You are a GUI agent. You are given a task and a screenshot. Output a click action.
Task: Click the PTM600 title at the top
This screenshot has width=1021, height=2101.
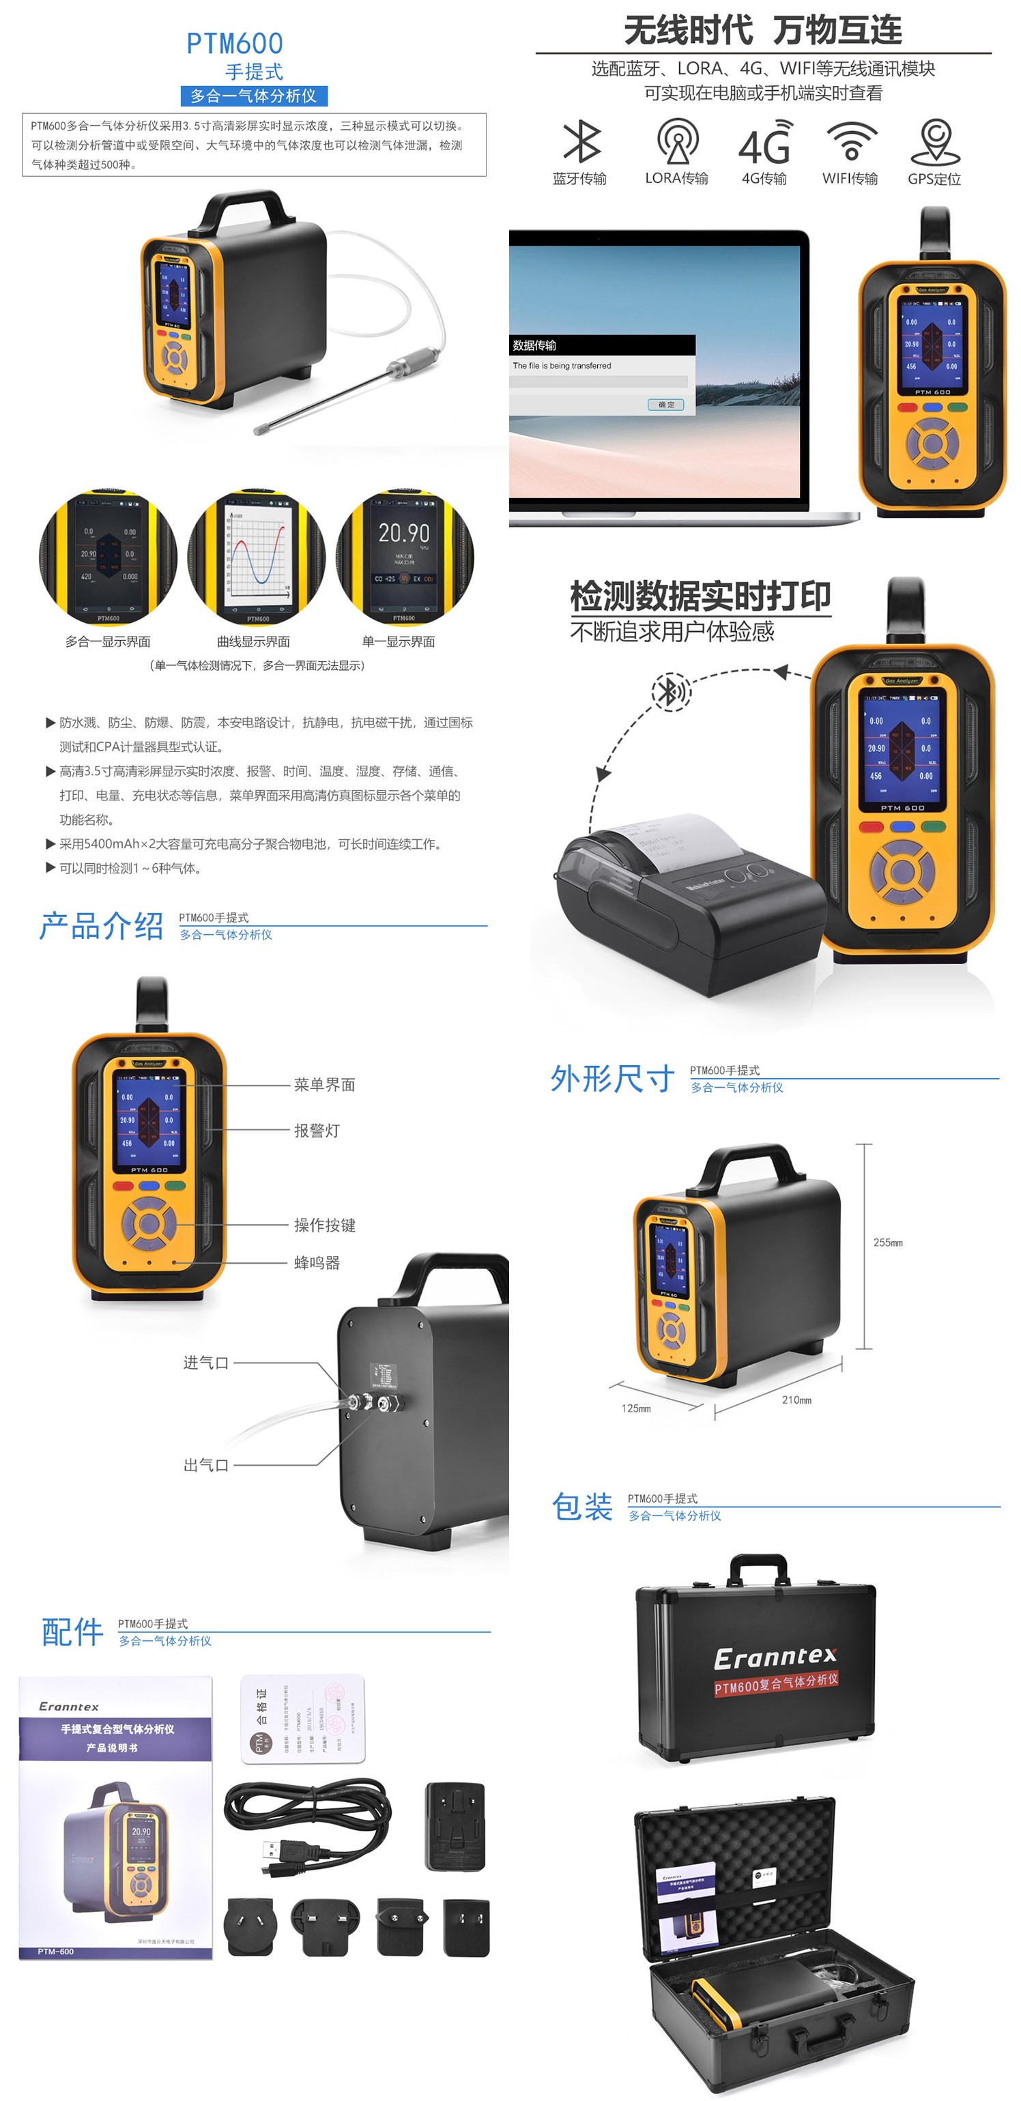click(x=234, y=43)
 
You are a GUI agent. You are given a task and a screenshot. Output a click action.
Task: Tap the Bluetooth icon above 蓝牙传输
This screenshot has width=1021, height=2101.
click(x=581, y=141)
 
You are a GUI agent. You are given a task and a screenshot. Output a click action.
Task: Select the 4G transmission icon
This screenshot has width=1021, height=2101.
click(x=764, y=143)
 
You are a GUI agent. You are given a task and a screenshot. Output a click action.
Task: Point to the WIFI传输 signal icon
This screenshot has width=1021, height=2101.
click(x=850, y=141)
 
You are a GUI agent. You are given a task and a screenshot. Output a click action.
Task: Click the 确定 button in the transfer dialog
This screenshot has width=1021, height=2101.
click(x=665, y=405)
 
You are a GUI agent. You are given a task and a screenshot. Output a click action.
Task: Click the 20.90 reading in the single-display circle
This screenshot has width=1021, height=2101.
click(x=403, y=534)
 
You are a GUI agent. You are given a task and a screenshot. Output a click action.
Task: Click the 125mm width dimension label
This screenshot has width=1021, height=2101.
click(x=636, y=1408)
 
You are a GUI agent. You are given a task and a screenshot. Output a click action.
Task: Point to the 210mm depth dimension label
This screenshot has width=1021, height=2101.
click(x=796, y=1400)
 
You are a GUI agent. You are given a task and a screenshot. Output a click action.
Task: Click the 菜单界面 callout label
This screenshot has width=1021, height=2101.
click(x=325, y=1085)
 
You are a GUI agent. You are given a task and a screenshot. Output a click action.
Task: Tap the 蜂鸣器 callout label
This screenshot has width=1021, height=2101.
click(x=317, y=1262)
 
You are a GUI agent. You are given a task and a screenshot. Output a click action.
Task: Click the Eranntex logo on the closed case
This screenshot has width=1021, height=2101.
click(x=775, y=1657)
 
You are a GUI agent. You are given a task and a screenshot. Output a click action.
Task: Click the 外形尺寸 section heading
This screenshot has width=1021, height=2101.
click(x=612, y=1078)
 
